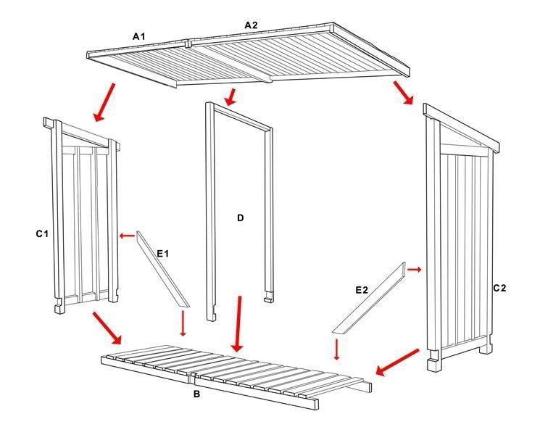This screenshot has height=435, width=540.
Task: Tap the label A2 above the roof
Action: [x=251, y=25]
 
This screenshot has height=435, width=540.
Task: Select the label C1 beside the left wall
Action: [x=42, y=233]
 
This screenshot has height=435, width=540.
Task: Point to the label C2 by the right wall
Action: [x=499, y=288]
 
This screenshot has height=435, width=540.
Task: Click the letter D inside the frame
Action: [x=240, y=217]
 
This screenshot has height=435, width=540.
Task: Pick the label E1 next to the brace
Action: [x=162, y=253]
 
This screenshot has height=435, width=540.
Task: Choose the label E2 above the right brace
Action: [x=362, y=290]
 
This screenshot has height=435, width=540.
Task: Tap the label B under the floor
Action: [x=196, y=394]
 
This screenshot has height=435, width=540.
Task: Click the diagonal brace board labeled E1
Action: [x=162, y=270]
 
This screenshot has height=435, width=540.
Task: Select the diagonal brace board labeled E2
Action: [x=369, y=297]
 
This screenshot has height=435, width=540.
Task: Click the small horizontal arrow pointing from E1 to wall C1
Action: [x=127, y=235]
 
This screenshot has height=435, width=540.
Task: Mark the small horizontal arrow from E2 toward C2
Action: [x=414, y=270]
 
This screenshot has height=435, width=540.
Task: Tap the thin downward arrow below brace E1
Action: [x=183, y=324]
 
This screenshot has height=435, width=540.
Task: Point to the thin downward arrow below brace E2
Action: [x=336, y=348]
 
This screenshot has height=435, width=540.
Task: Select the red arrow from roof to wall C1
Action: [x=104, y=101]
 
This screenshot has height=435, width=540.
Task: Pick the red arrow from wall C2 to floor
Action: [x=396, y=362]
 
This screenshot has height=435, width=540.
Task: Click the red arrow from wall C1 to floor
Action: [x=107, y=328]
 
